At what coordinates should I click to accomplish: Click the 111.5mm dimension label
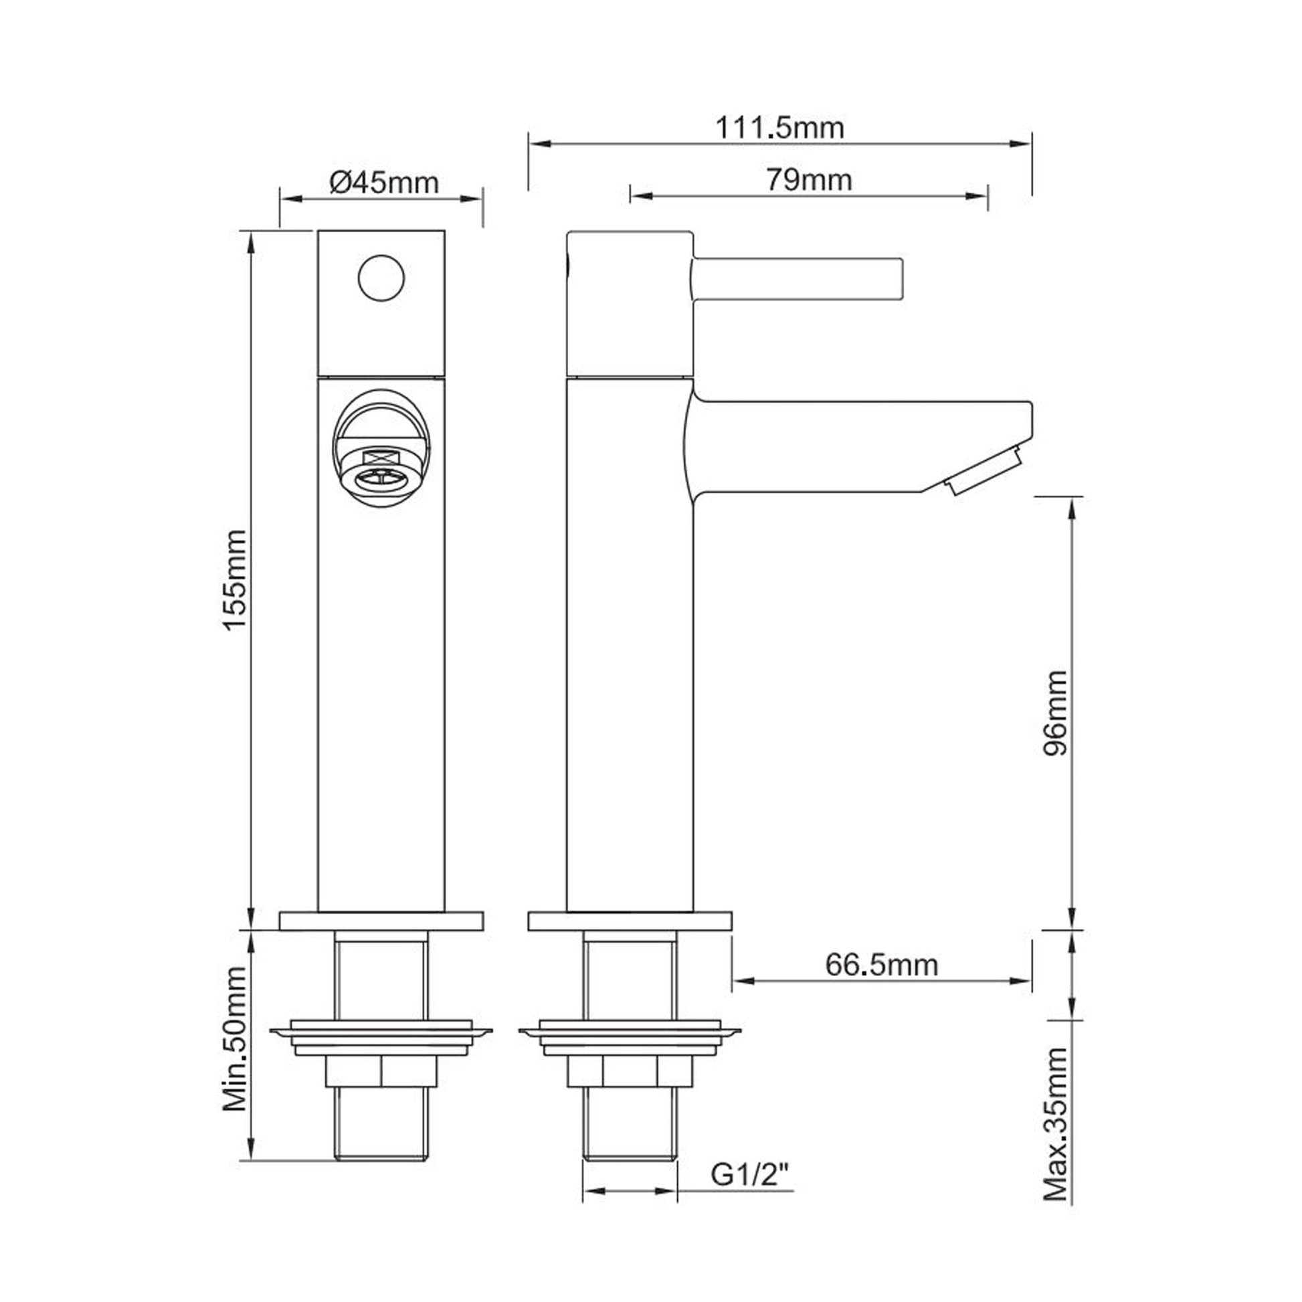coord(779,127)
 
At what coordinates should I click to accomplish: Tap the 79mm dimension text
coord(809,180)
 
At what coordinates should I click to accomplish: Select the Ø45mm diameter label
coord(384,182)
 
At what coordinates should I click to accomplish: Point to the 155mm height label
coord(236,579)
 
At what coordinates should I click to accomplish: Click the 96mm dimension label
coord(1055,713)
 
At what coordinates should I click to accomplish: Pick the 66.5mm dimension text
coord(881,965)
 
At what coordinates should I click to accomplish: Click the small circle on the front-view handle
coord(381,278)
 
